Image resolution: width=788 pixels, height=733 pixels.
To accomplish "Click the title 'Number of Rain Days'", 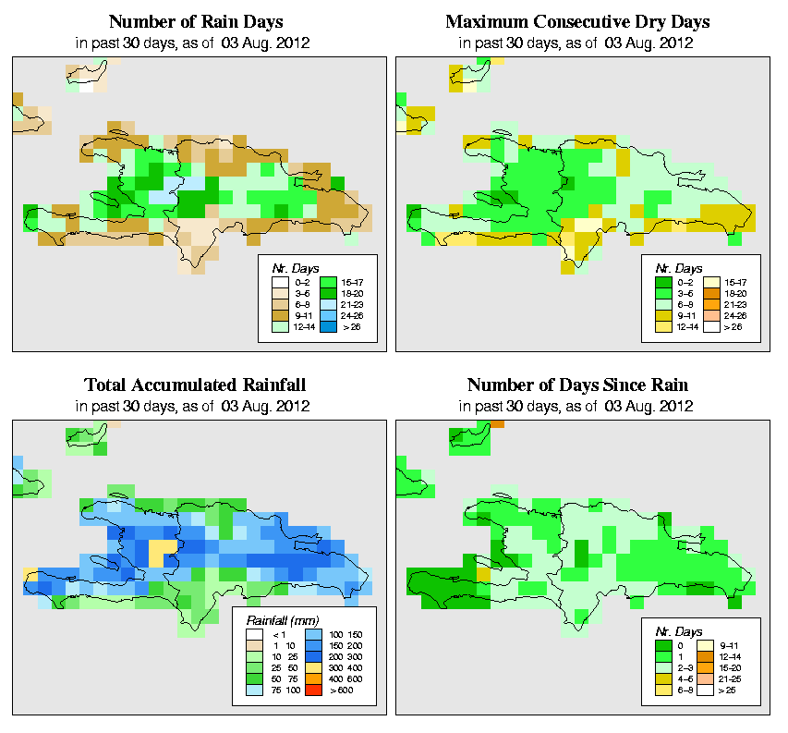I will pos(195,21).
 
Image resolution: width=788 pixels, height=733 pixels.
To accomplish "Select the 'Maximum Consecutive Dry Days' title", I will pos(579,21).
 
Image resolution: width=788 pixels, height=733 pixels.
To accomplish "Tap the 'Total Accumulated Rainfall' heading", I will pos(195,385).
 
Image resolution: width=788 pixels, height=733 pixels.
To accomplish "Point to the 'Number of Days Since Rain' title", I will pos(579,385).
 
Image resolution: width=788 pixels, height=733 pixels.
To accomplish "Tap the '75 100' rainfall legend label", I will pos(282,690).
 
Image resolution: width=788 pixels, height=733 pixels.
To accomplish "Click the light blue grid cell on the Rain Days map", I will pos(160,197).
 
